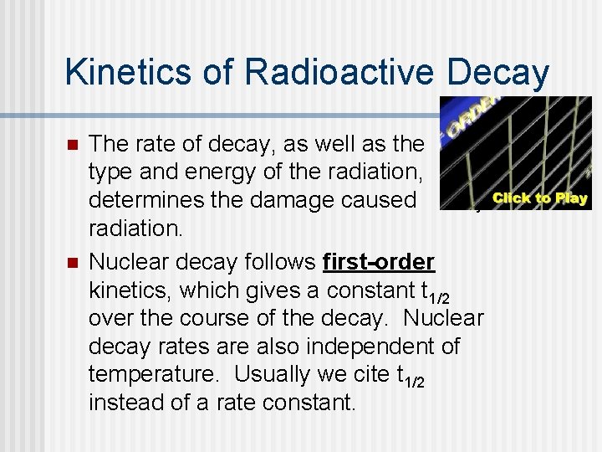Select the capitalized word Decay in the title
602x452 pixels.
pyautogui.click(x=499, y=72)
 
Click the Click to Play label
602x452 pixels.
pyautogui.click(x=540, y=199)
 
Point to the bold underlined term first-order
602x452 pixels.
pyautogui.click(x=379, y=262)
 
